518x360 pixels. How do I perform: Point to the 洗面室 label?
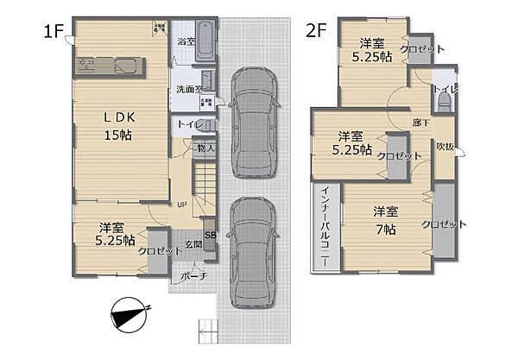[189, 89]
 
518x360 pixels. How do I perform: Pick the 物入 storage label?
[205, 148]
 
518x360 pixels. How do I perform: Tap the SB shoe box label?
[210, 233]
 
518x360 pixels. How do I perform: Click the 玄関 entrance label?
[193, 245]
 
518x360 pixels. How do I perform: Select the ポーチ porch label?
[192, 277]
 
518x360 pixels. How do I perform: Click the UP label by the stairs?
[181, 205]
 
